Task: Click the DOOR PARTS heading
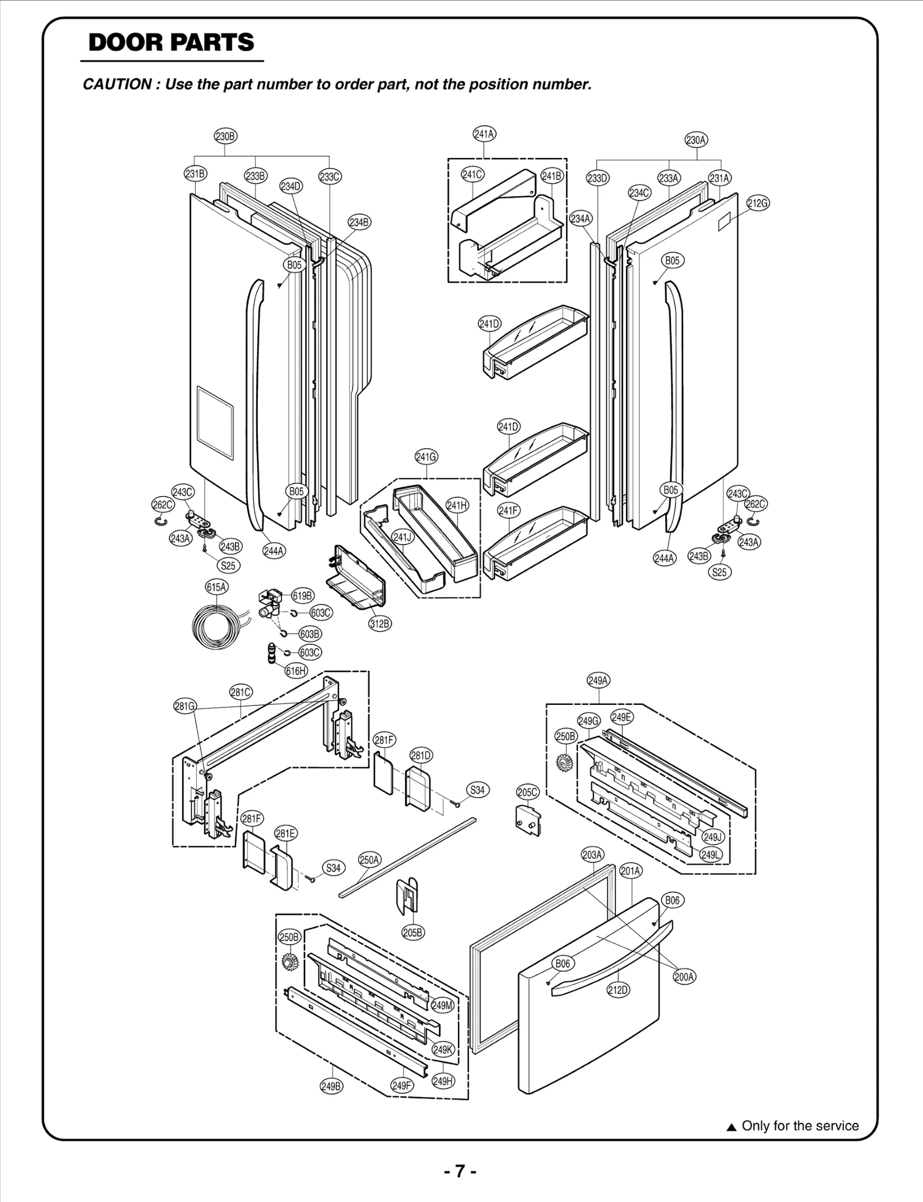pyautogui.click(x=171, y=43)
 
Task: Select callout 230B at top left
pyautogui.click(x=225, y=137)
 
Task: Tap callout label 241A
pyautogui.click(x=484, y=134)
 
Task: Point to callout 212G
pyautogui.click(x=758, y=203)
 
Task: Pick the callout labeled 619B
pyautogui.click(x=302, y=596)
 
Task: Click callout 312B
pyautogui.click(x=380, y=623)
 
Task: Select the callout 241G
pyautogui.click(x=426, y=457)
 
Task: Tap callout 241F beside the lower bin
pyautogui.click(x=508, y=510)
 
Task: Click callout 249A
pyautogui.click(x=598, y=681)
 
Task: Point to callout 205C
pyautogui.click(x=527, y=792)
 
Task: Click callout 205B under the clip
pyautogui.click(x=413, y=932)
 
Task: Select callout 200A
pyautogui.click(x=684, y=976)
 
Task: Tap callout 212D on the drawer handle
pyautogui.click(x=618, y=990)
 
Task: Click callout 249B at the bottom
pyautogui.click(x=331, y=1087)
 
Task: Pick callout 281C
pyautogui.click(x=241, y=693)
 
